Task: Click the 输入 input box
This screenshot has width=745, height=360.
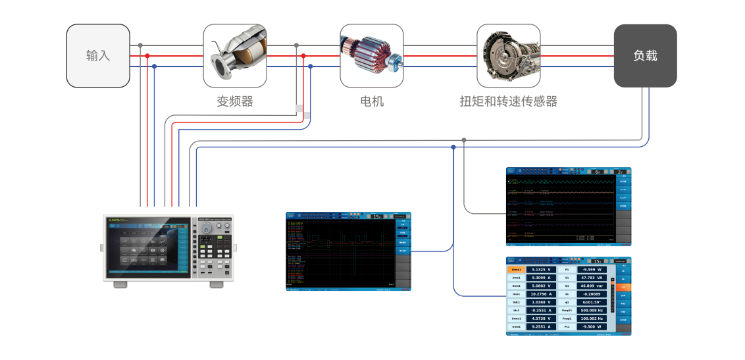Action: point(98,56)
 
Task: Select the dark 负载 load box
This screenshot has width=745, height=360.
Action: point(645,56)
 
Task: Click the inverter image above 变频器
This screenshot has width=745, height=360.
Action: point(235,56)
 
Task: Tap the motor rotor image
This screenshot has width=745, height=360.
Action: point(371,56)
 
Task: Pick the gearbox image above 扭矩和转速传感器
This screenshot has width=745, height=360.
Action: point(508,56)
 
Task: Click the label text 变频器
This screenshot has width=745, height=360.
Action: point(235,101)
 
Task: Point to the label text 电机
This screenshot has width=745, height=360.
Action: point(372,101)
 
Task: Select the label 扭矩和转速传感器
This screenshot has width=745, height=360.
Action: point(508,101)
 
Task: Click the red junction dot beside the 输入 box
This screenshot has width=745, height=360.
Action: point(147,56)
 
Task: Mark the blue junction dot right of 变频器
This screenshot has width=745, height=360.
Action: point(310,66)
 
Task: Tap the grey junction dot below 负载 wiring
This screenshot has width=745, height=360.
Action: point(464,140)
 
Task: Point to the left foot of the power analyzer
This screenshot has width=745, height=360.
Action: point(120,284)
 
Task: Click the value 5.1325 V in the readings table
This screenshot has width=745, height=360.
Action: point(541,270)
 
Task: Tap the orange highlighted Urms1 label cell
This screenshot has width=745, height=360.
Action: point(517,270)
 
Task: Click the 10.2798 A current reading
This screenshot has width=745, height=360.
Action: point(541,294)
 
